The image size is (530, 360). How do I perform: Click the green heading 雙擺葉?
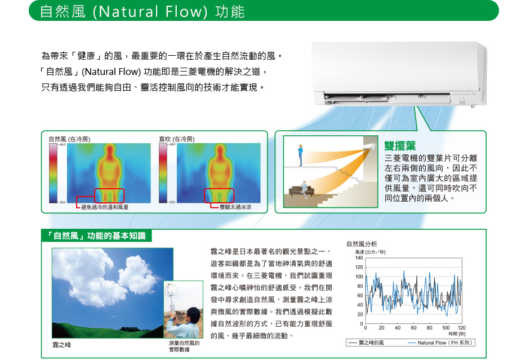400,146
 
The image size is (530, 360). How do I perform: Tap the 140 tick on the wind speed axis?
359,258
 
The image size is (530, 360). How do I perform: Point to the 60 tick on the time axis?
414,327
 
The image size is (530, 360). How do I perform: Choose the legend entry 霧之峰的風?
366,343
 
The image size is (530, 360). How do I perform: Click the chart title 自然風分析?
362,244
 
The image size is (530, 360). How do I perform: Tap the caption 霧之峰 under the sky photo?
62,345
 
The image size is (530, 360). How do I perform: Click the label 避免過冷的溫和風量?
105,207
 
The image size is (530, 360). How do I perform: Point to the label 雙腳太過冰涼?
235,207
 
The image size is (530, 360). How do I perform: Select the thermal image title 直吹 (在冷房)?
177,139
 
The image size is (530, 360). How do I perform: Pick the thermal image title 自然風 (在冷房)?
69,139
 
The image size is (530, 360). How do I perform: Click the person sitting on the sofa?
305,189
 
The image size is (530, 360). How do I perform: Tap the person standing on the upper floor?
300,155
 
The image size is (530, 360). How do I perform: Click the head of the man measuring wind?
193,314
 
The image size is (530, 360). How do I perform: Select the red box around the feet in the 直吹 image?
219,195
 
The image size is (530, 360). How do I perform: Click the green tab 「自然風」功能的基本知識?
96,235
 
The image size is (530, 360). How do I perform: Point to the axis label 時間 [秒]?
457,334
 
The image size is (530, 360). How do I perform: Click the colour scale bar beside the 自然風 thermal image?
53,173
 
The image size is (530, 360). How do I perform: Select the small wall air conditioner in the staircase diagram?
370,146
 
